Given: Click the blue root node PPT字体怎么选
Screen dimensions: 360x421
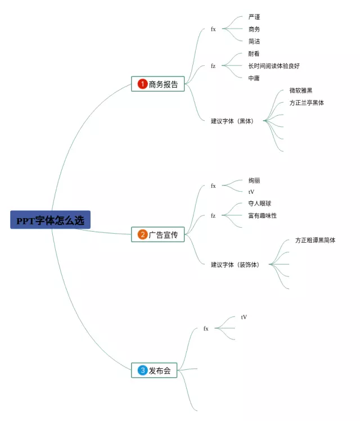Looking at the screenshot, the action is point(50,220).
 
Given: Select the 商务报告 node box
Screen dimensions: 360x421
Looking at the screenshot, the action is point(158,84).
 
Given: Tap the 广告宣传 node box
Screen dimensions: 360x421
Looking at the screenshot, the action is point(158,234).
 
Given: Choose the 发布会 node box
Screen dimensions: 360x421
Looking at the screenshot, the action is point(154,370).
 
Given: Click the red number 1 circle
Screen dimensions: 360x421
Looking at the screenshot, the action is point(142,84).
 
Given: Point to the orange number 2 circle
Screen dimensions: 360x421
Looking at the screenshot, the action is point(142,234).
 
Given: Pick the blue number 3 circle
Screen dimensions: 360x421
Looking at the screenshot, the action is point(142,370).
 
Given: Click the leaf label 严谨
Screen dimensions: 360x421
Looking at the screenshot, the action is point(254,17).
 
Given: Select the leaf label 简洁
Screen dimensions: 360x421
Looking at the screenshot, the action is point(254,42).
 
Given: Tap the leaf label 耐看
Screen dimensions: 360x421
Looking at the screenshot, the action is point(254,54).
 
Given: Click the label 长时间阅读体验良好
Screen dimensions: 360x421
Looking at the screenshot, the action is point(274,66).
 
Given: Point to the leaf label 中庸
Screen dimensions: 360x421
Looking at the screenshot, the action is point(254,78).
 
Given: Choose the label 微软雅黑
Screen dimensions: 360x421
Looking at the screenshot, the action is point(301,90).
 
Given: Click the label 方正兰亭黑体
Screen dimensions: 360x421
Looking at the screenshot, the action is point(307,103).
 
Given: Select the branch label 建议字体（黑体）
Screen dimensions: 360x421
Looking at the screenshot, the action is point(232,121).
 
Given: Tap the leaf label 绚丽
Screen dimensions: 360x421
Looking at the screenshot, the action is point(254,180).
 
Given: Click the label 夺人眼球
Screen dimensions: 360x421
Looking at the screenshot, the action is point(260,203).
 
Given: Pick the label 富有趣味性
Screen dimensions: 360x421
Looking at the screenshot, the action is point(263,216).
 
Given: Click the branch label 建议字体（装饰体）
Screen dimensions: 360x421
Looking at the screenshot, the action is point(235,265).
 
